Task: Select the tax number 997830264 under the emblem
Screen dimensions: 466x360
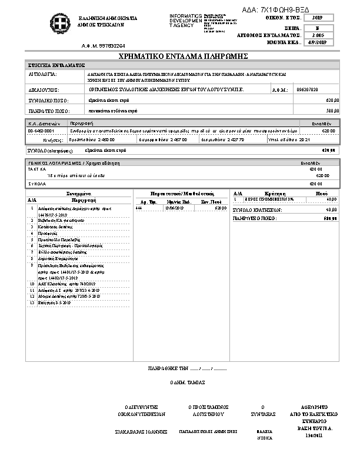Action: (x=104, y=45)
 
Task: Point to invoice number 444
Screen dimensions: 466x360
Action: (x=139, y=208)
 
